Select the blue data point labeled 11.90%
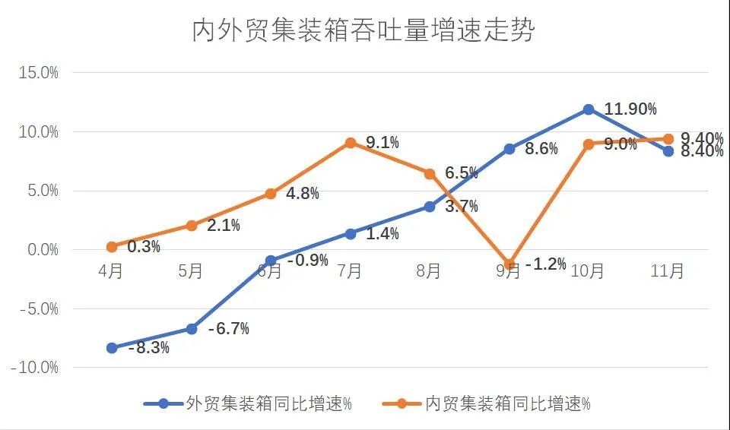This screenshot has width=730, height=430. (x=589, y=109)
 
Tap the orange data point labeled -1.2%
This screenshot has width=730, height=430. (x=509, y=264)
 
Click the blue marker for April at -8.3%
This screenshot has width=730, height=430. (x=112, y=348)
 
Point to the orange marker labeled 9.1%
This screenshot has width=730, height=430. (x=351, y=143)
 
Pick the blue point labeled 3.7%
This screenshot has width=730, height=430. (x=430, y=207)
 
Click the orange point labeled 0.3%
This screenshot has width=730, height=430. (x=112, y=247)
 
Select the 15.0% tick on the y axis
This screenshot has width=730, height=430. (x=39, y=73)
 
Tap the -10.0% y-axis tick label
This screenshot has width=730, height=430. (x=35, y=368)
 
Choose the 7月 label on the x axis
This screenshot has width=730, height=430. (x=350, y=271)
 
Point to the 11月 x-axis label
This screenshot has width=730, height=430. (x=668, y=271)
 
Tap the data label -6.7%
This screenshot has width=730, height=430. (x=228, y=329)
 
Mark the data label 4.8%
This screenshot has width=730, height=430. (x=303, y=193)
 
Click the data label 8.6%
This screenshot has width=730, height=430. (x=541, y=150)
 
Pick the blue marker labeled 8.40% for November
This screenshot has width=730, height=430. (x=668, y=151)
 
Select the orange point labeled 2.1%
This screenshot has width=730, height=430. (x=192, y=226)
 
